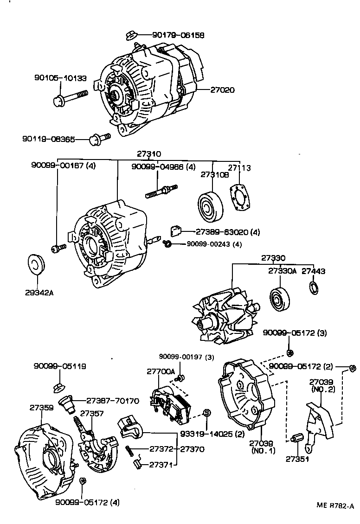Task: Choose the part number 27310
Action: [x=149, y=153]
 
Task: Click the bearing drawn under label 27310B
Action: [x=210, y=207]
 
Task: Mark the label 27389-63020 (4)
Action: [x=227, y=231]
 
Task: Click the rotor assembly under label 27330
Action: [x=223, y=312]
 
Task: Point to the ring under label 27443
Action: [x=314, y=288]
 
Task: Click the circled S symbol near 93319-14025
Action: [x=207, y=413]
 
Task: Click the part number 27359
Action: [x=41, y=408]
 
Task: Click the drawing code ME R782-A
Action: [x=335, y=505]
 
